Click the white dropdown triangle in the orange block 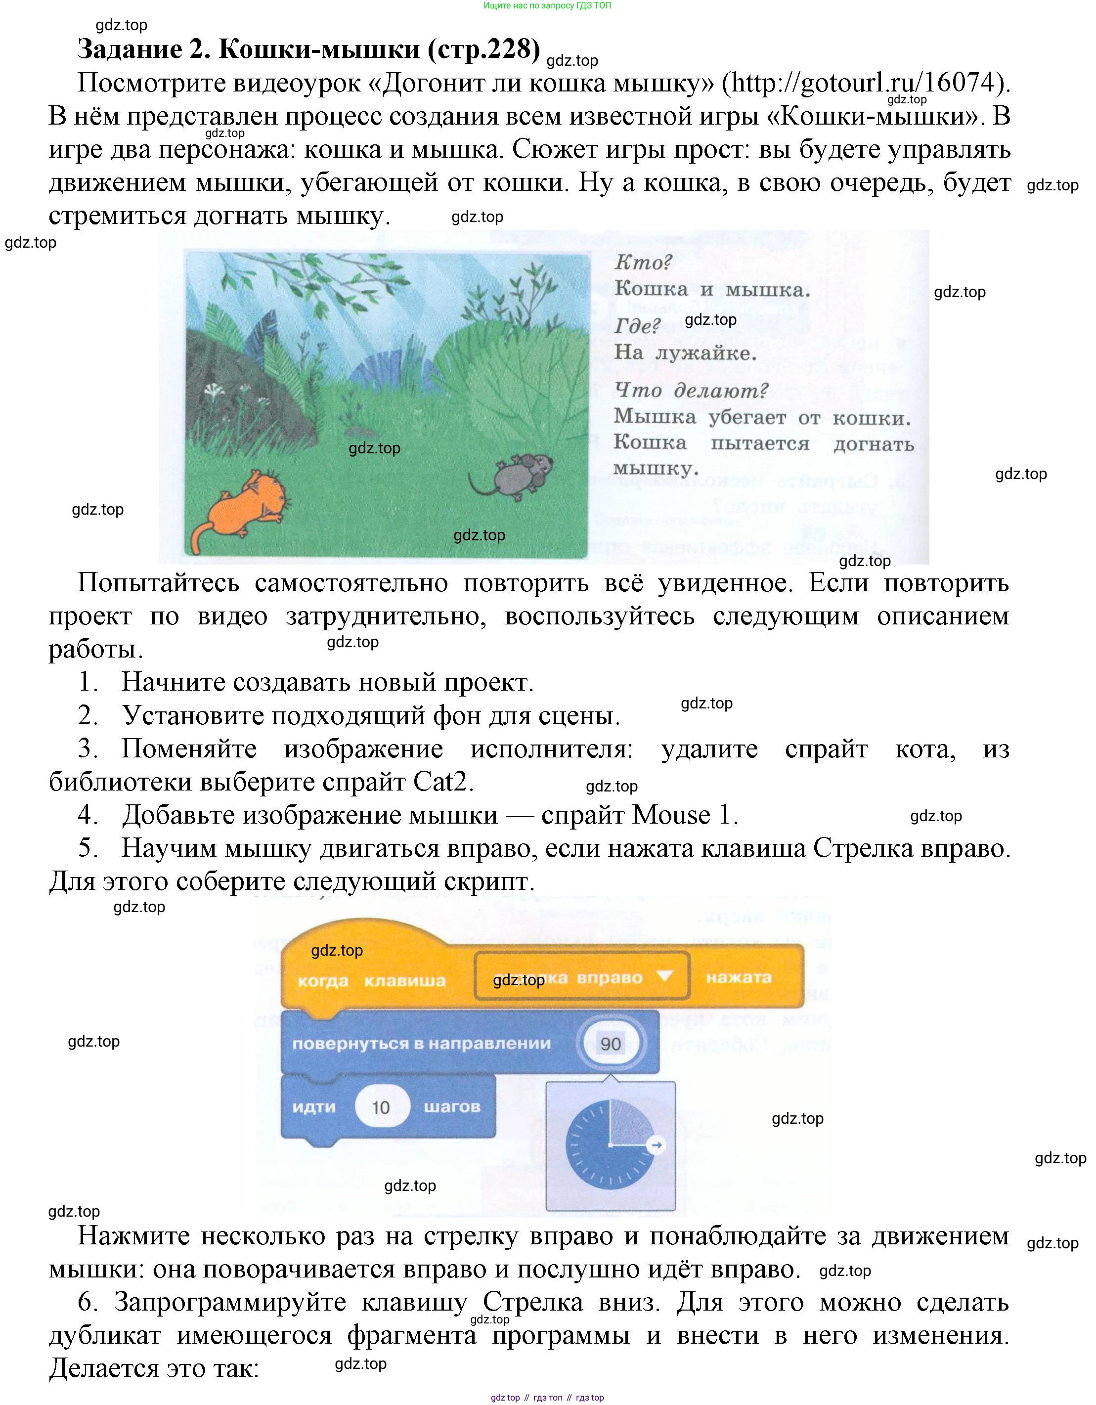click(664, 976)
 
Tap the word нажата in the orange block click(739, 977)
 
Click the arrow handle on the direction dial click(657, 1144)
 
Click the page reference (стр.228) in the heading click(483, 49)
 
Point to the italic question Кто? click(643, 262)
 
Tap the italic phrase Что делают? click(692, 390)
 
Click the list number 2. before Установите click(88, 715)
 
